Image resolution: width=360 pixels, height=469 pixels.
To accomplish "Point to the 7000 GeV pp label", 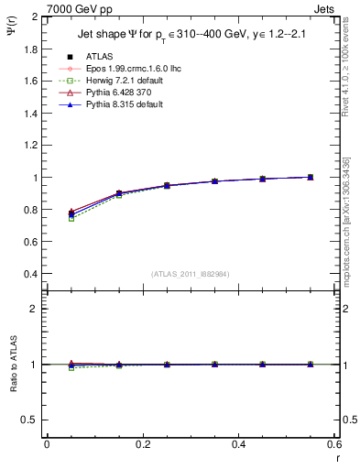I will point(73,8).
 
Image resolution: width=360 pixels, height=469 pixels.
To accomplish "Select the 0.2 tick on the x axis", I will point(142,445).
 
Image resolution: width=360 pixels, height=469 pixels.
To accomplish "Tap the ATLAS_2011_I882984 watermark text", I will point(190,274).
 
